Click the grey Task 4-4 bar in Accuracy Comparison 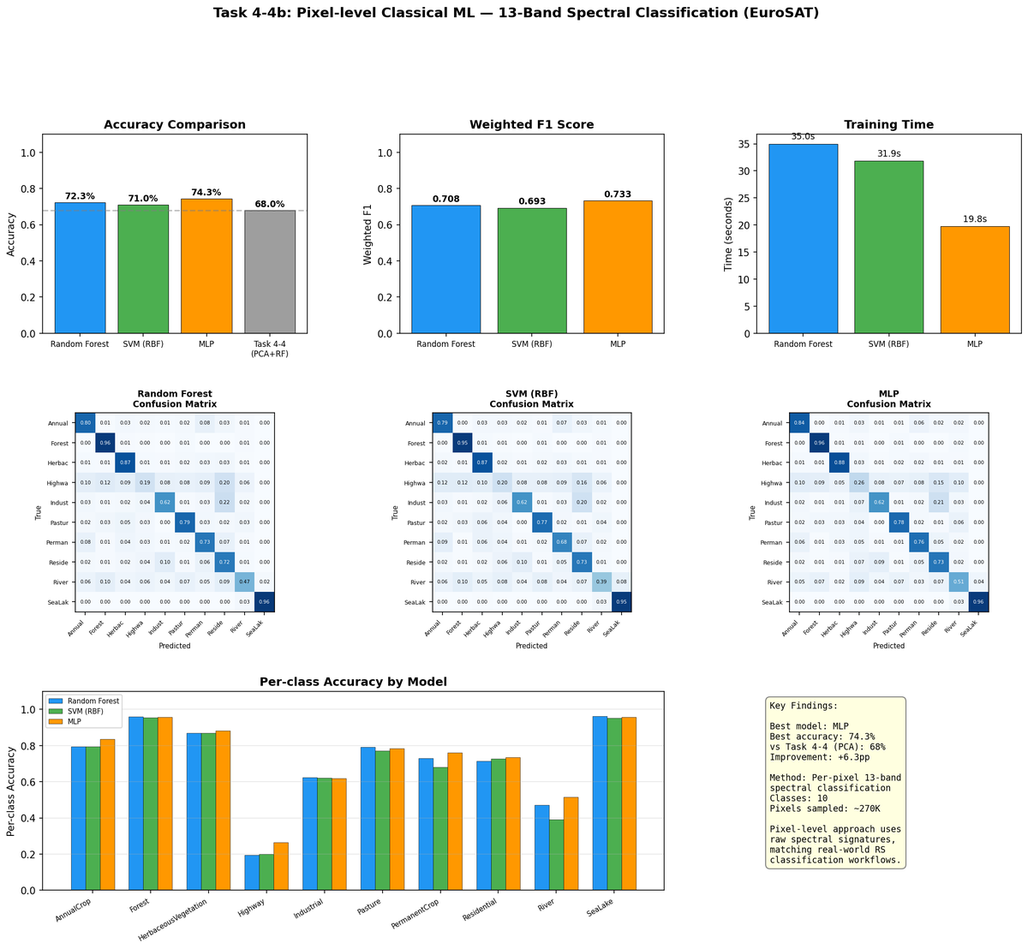270,272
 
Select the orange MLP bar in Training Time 975,279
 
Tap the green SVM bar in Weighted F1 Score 532,271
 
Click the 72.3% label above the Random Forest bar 80,196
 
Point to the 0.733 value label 618,194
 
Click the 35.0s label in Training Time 803,136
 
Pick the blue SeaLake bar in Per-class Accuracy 600,803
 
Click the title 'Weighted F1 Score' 531,125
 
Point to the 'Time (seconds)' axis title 727,233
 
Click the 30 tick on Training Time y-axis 750,171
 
